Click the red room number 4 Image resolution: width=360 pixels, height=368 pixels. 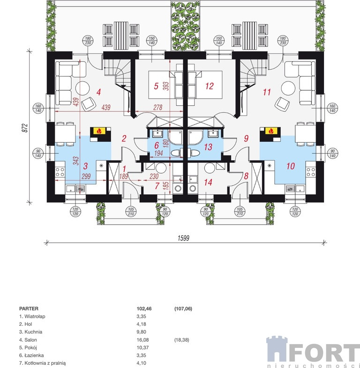(99, 92)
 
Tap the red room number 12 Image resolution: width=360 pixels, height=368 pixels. (209, 86)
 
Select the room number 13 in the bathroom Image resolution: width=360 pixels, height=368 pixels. (208, 147)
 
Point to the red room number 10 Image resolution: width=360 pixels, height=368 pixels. (291, 166)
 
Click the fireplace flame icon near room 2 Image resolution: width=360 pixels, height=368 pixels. (99, 131)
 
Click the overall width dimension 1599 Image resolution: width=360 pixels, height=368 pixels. (183, 238)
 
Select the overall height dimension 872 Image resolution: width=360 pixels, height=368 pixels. (25, 128)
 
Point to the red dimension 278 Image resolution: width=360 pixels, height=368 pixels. (157, 108)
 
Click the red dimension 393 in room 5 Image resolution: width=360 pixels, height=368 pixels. (166, 86)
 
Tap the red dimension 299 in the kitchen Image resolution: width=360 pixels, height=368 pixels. (86, 176)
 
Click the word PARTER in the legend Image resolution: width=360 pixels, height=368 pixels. (29, 309)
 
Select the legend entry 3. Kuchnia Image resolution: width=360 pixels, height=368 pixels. (30, 332)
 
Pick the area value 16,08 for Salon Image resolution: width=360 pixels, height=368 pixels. (142, 340)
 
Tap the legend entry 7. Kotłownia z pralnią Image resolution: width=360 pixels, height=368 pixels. (43, 363)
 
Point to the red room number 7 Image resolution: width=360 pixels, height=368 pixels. (157, 186)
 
